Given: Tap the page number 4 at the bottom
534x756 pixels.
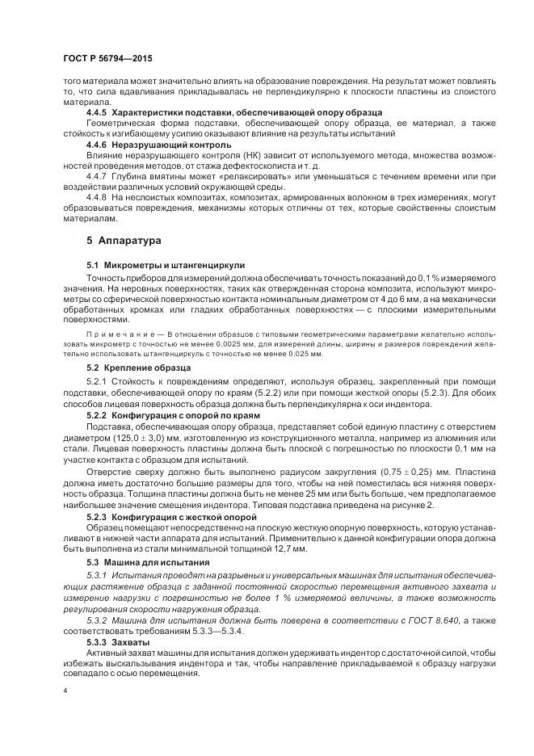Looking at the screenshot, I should [66, 691].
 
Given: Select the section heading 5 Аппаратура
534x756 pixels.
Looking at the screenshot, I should [124, 241].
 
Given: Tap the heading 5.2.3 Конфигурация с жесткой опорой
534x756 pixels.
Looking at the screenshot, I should [171, 514].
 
